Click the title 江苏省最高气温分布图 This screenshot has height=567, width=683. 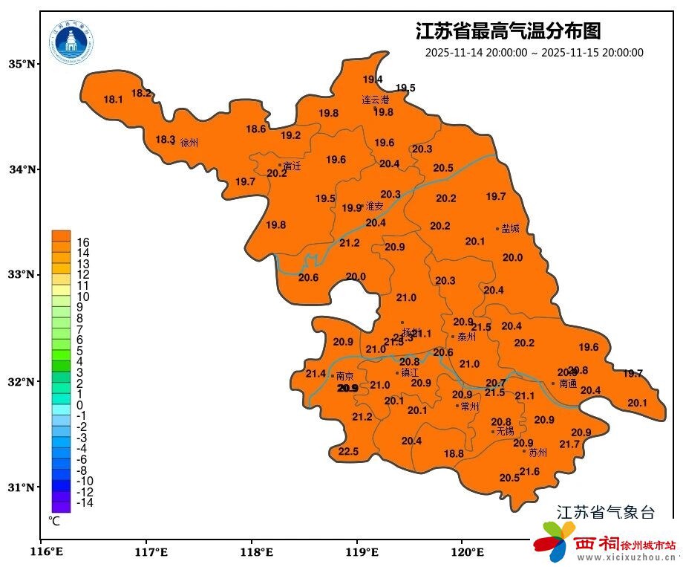[508, 31]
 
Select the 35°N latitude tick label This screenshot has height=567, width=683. [22, 64]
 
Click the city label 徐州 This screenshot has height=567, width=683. [189, 143]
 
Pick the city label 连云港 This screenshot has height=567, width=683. [375, 100]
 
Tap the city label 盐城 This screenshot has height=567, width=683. [510, 229]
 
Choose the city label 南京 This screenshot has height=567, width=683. [344, 376]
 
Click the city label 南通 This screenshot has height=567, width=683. [568, 384]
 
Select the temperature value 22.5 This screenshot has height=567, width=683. [348, 452]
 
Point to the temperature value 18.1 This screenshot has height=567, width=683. [113, 100]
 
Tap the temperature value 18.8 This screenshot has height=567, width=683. [454, 453]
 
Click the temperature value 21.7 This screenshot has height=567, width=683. [569, 444]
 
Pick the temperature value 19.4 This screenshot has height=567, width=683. [373, 80]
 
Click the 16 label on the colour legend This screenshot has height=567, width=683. [83, 242]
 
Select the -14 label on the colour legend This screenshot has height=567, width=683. [85, 502]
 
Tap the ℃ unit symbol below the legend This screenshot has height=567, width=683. [54, 521]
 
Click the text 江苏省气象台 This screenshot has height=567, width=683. [606, 512]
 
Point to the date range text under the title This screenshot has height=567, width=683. [534, 53]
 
